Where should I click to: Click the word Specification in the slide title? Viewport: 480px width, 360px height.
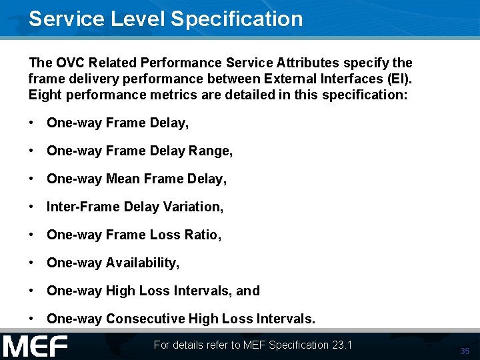[x=237, y=19]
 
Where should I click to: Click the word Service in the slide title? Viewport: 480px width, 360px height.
[x=65, y=19]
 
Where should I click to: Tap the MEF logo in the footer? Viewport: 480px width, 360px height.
[x=35, y=346]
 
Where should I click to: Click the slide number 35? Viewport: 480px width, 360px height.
[x=465, y=351]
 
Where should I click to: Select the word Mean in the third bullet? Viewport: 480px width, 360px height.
[x=123, y=179]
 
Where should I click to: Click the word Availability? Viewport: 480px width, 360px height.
[x=143, y=263]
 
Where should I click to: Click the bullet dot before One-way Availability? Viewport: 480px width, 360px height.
[x=32, y=263]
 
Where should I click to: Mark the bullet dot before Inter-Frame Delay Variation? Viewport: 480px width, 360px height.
[x=32, y=207]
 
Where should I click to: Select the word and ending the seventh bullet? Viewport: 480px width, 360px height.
[x=247, y=291]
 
